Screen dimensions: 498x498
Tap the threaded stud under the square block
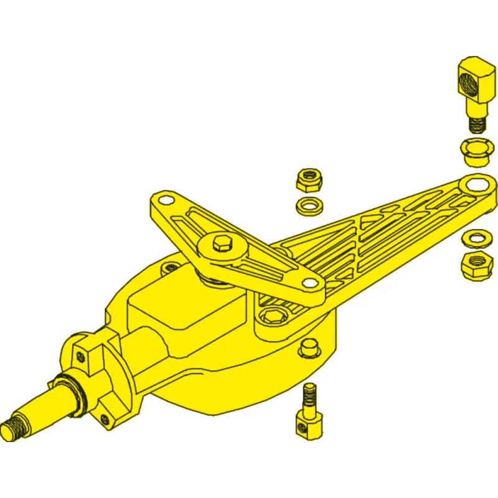[476, 124]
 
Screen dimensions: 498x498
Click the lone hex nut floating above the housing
[308, 179]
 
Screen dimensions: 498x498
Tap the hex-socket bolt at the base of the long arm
[272, 318]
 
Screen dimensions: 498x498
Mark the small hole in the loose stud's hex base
[303, 426]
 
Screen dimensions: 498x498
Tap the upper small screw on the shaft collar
[81, 355]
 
